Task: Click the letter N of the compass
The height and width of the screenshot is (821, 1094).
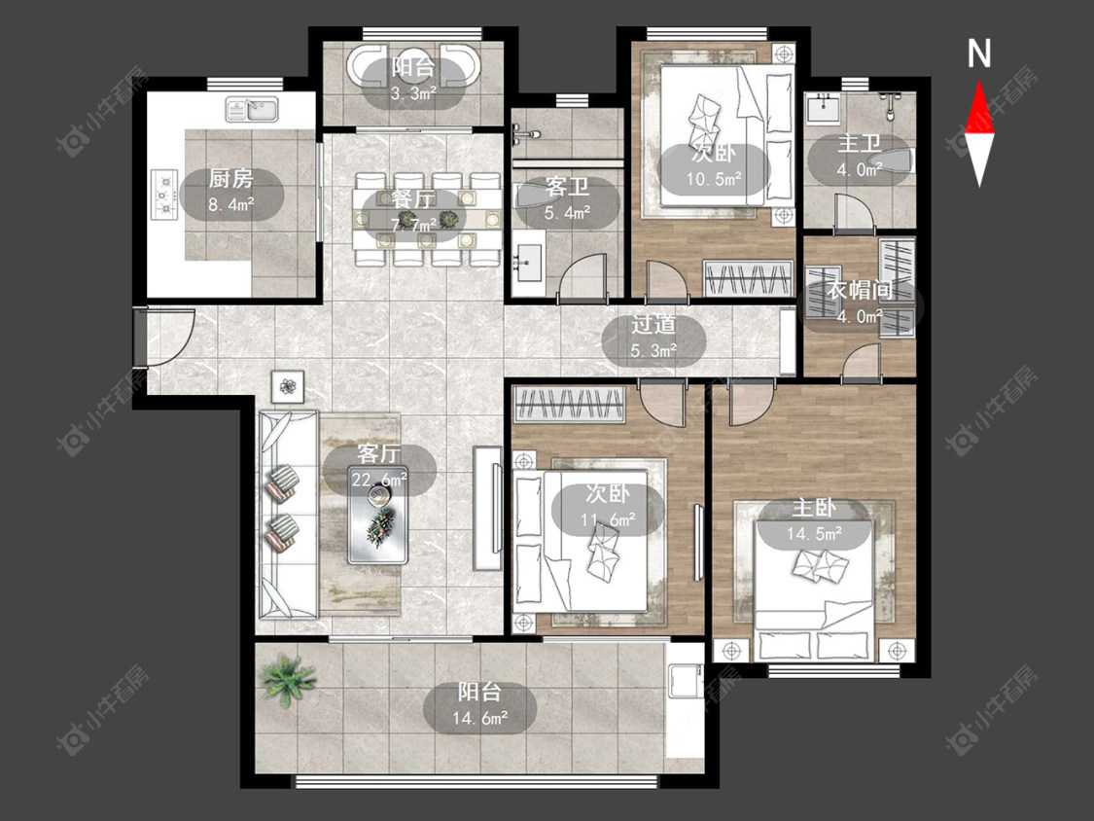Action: click(979, 54)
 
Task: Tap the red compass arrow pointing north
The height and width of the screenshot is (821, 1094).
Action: click(979, 108)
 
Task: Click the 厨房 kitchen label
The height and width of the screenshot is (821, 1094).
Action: click(230, 179)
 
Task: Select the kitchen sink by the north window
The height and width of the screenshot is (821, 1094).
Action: click(252, 109)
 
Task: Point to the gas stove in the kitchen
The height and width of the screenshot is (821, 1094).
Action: click(164, 195)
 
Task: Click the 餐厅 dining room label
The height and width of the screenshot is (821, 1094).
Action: click(413, 198)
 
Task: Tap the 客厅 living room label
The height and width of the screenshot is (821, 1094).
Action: click(379, 453)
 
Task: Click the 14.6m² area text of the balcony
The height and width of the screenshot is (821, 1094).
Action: click(480, 718)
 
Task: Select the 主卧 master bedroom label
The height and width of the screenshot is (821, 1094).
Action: click(814, 508)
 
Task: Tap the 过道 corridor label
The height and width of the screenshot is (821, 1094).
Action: click(653, 325)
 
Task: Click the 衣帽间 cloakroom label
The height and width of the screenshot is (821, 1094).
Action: click(861, 290)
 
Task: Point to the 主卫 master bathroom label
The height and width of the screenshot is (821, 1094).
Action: click(860, 143)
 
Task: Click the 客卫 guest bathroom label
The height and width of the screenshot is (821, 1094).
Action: click(567, 187)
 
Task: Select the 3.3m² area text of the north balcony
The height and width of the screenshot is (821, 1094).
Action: click(413, 92)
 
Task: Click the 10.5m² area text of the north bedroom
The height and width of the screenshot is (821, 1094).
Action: click(714, 179)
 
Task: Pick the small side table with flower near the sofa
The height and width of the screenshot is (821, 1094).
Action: click(288, 386)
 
